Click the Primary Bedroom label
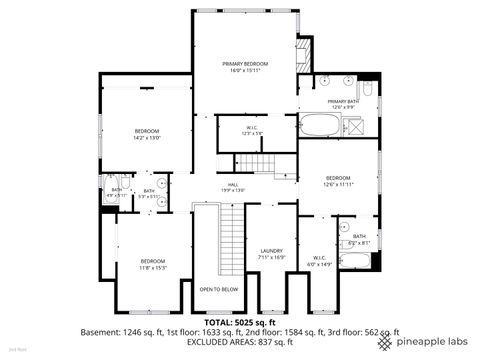[244, 63]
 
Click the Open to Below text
[218, 289]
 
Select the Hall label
[232, 184]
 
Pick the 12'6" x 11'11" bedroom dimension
[338, 184]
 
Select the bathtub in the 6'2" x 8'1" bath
[357, 262]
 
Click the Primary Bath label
[343, 101]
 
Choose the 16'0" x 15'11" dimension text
[244, 70]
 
